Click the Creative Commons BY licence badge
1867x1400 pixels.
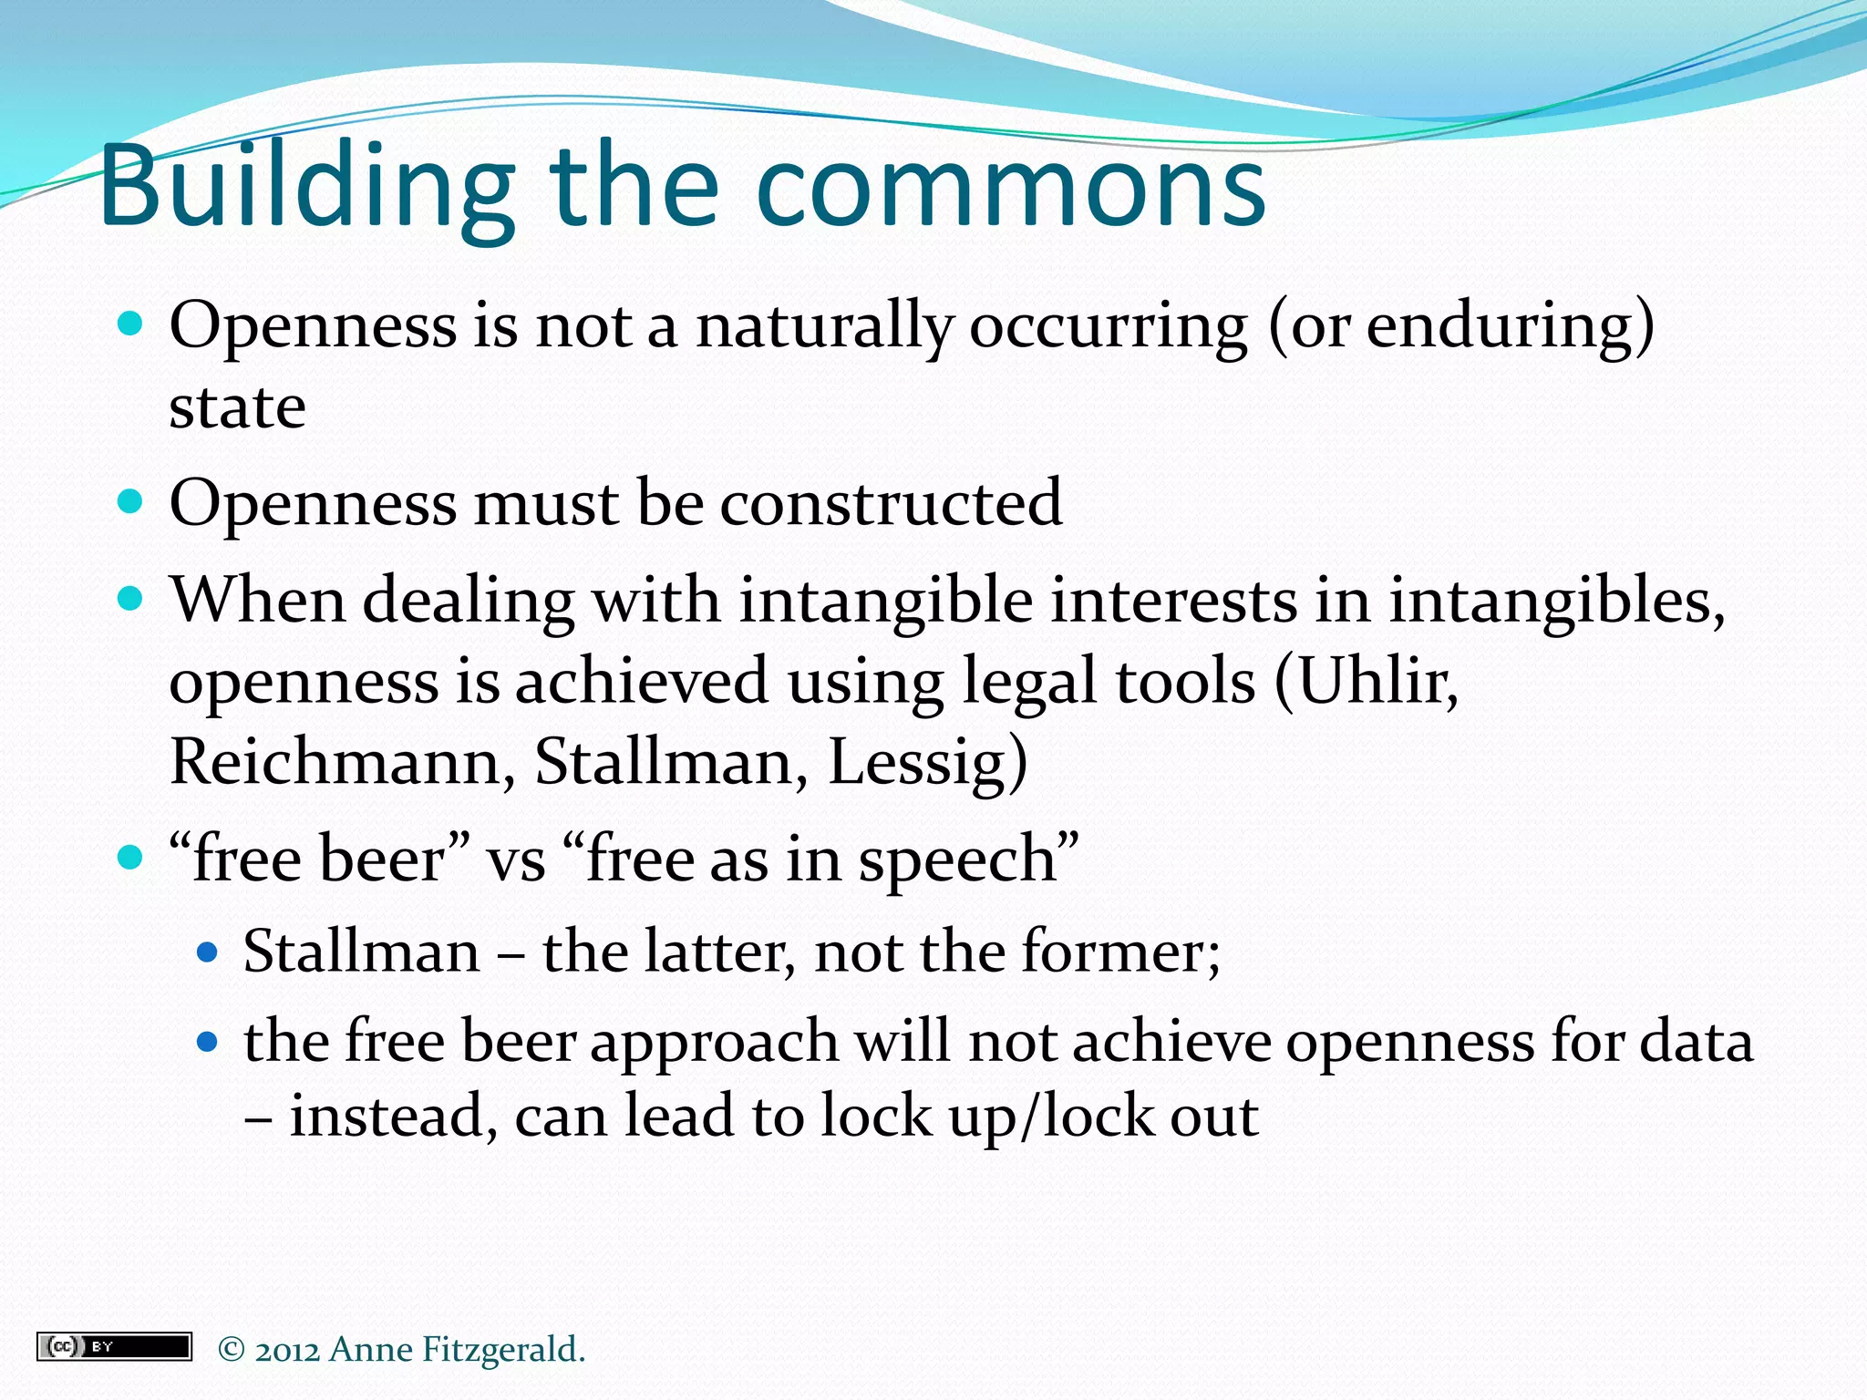click(x=114, y=1346)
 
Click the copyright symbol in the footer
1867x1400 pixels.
click(x=232, y=1350)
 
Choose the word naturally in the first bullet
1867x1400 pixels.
click(x=824, y=326)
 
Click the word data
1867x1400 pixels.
click(x=1696, y=1042)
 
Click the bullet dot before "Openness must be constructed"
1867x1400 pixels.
click(x=131, y=501)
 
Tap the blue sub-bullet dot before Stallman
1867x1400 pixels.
click(x=209, y=952)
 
